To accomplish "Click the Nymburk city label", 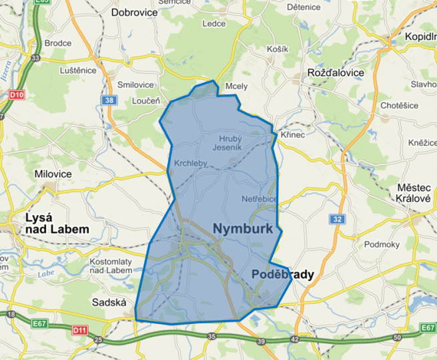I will [244, 228].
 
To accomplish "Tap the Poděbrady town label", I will [282, 275].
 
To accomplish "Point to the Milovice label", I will [53, 174].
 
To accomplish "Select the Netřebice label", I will [259, 199].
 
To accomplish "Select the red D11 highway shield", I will [80, 329].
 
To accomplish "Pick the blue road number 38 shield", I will [109, 100].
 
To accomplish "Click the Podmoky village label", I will [382, 244].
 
